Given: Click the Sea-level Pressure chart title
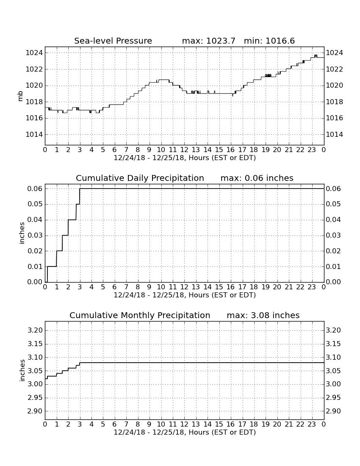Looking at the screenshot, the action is coord(113,41).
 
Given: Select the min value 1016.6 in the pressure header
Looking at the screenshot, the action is coord(280,41).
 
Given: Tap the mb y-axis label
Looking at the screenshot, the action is coord(20,96).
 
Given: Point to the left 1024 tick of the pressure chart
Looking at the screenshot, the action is coord(34,53).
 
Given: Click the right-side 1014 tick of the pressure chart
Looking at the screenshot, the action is coord(335,135).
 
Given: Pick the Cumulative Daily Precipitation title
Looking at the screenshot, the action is coord(140,178).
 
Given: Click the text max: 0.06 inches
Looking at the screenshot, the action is coord(257,178).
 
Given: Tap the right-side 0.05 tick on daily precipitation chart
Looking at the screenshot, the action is coord(334,204).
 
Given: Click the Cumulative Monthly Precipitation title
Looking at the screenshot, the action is coord(140,315).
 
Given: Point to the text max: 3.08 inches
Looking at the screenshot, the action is coord(263,315).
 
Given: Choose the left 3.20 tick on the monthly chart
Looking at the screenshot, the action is coord(35,330).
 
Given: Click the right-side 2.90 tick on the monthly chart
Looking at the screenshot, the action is coord(334,411).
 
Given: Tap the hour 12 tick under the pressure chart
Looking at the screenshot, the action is coord(185,150).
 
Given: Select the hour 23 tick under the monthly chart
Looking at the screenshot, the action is coord(312,424).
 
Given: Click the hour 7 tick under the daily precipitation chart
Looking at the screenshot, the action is coord(126,287).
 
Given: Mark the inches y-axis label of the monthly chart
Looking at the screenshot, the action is coord(22,371).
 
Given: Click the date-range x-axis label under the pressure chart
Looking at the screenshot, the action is coord(185,158).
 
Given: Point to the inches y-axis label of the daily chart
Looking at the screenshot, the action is coord(22,233).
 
